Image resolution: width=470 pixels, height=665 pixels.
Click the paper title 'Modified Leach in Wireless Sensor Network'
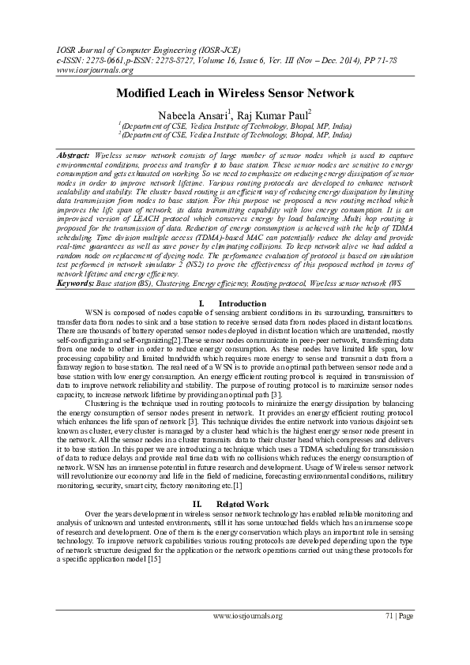coord(235,93)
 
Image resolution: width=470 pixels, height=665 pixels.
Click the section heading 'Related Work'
coord(242,503)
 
